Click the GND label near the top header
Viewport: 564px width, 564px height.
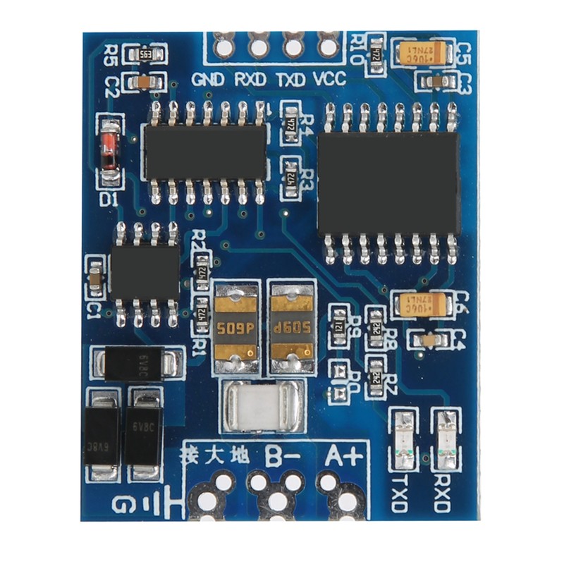(208, 79)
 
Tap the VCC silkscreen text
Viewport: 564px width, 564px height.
(329, 79)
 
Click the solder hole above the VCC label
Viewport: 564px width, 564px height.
(328, 47)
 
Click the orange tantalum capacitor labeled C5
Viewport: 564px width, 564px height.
(422, 52)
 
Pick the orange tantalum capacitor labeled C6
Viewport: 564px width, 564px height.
(422, 305)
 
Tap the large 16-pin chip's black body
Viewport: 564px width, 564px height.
(388, 184)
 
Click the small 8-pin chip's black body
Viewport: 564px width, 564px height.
(145, 271)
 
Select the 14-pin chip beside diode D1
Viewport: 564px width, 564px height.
(205, 152)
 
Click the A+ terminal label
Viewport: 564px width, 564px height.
(343, 456)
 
